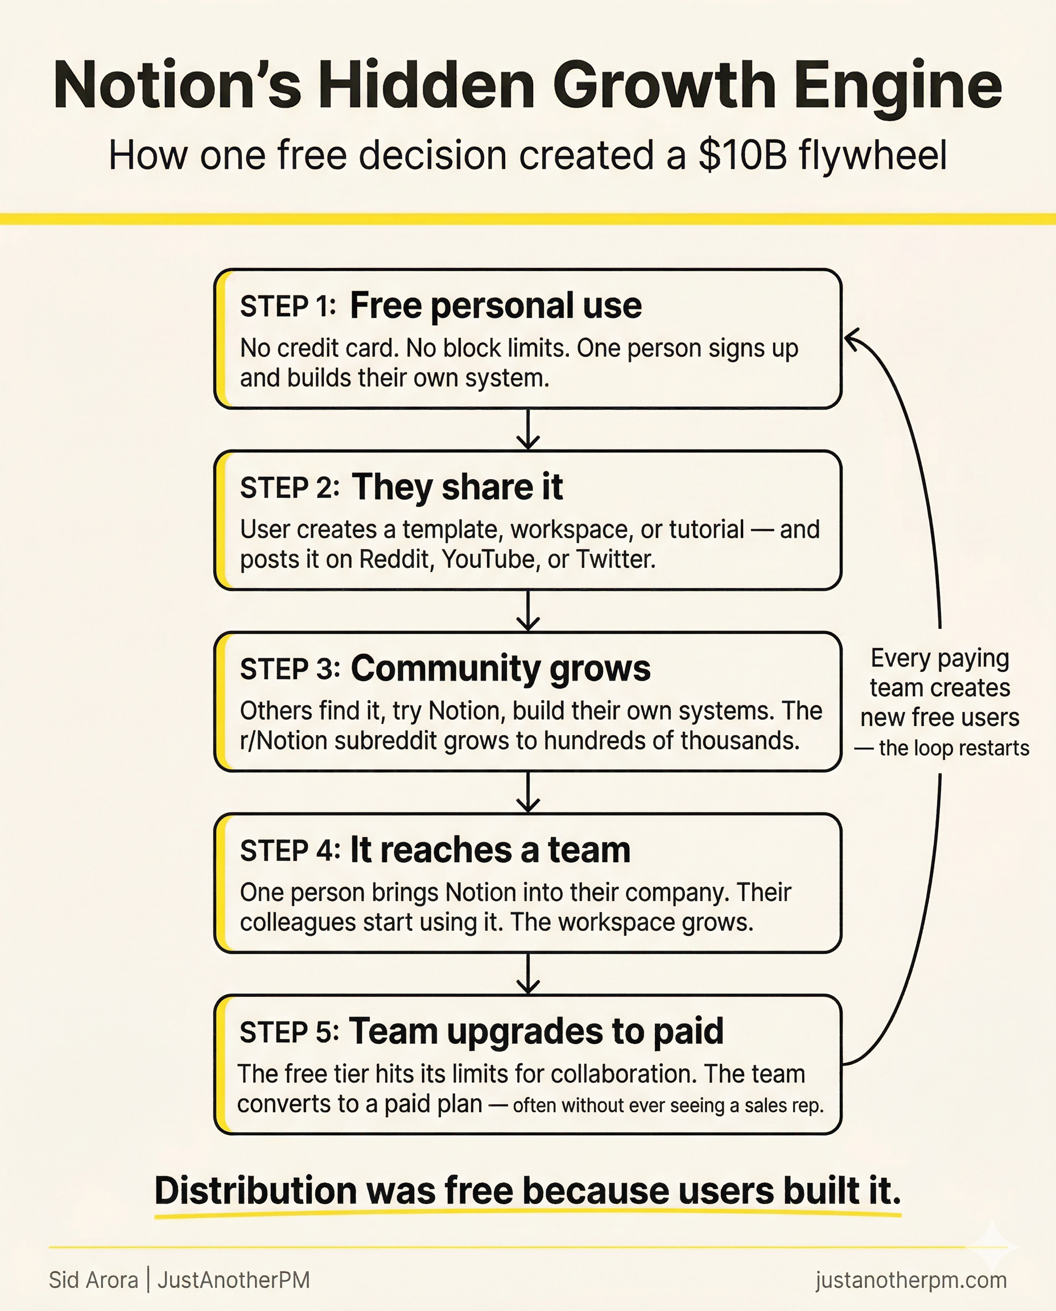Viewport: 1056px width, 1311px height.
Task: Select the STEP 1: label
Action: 288,307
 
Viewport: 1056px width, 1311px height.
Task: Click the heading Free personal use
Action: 495,306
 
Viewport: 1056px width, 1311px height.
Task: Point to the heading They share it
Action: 457,487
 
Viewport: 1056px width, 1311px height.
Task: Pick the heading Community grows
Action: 500,669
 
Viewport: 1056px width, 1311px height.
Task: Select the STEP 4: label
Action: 290,851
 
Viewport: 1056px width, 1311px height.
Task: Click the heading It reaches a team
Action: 490,850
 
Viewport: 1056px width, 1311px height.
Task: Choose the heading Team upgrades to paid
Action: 536,1032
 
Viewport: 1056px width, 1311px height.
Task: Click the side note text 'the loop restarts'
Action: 953,748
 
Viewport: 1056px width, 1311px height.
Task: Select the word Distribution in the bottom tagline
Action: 255,1190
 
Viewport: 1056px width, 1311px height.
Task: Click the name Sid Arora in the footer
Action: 93,1280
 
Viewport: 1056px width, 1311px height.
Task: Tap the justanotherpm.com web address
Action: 910,1280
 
